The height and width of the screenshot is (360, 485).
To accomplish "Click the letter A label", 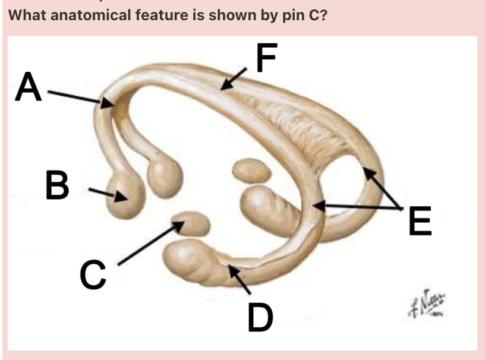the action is tap(29, 87).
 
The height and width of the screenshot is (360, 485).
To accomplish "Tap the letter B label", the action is tap(58, 185).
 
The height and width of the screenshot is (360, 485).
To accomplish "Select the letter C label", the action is tap(93, 275).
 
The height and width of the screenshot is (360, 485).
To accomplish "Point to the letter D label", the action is tap(260, 317).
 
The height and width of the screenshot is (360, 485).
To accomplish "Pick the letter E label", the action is tap(420, 221).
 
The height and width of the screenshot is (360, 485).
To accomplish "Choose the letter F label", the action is tap(267, 58).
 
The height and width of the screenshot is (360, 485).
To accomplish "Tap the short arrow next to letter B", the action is tap(108, 194).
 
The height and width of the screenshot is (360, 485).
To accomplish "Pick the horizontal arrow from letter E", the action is tap(357, 207).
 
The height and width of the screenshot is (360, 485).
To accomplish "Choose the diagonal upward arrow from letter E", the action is tap(383, 188).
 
